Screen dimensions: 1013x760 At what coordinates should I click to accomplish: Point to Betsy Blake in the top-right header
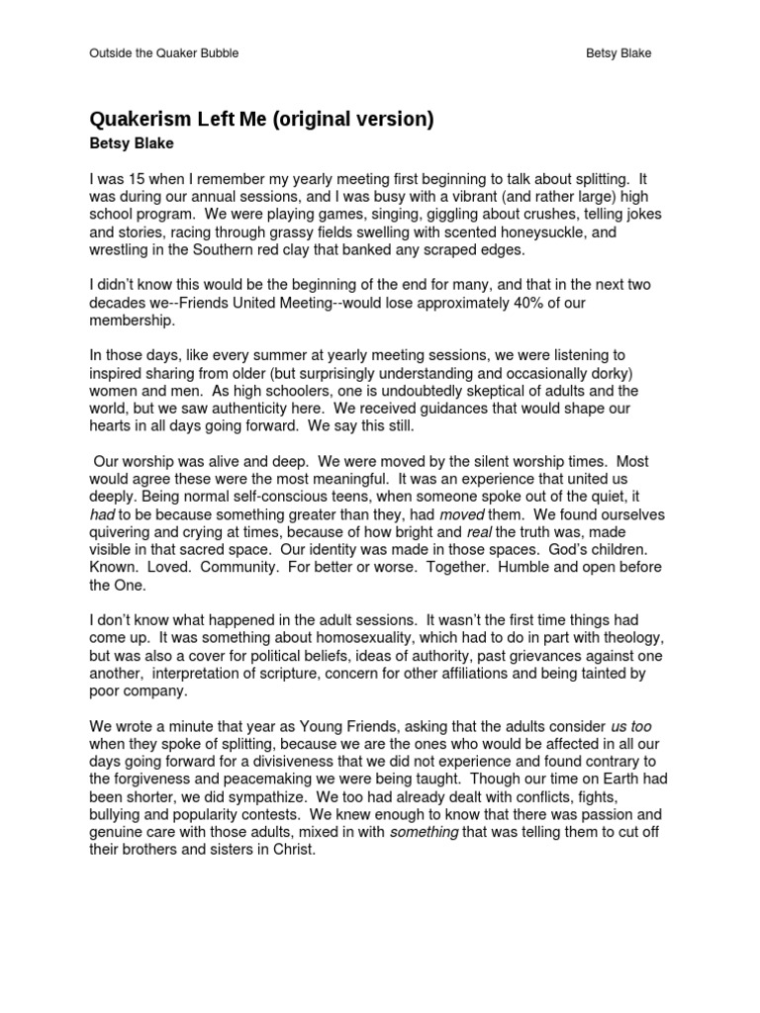pyautogui.click(x=620, y=52)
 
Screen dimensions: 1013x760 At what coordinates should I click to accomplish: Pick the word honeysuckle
pyautogui.click(x=541, y=232)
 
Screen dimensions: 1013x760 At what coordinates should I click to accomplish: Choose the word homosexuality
pyautogui.click(x=339, y=638)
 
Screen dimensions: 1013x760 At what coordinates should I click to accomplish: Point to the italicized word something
pyautogui.click(x=425, y=832)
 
